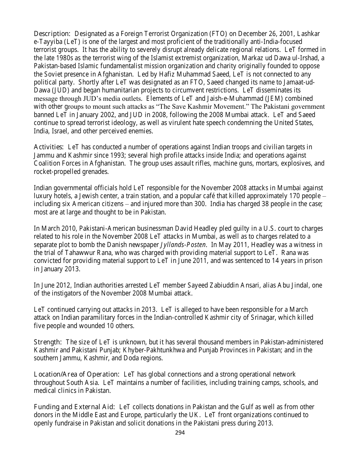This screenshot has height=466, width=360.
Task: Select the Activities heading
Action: pos(49,147)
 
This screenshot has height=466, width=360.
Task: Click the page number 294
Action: pos(180,433)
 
